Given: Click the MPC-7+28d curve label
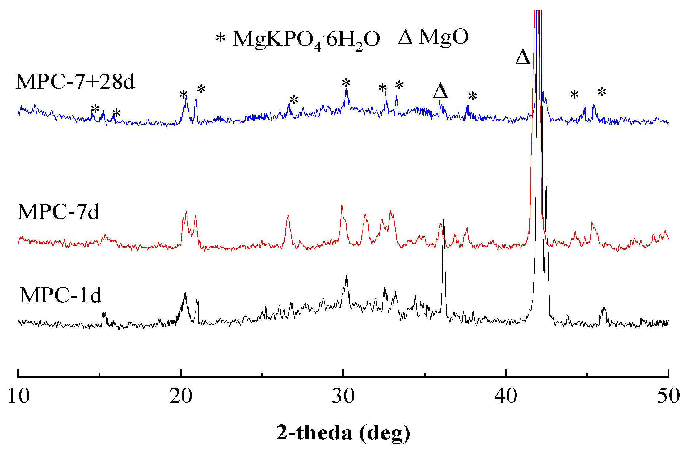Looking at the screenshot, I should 75,82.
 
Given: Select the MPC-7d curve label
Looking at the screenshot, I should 58,212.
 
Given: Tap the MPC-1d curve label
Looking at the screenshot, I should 61,295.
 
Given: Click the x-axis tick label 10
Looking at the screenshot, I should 19,396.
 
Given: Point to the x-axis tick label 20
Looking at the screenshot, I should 181,396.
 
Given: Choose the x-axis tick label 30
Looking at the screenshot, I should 343,396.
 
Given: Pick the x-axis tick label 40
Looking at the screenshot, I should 506,396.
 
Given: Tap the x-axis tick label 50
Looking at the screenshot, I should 668,396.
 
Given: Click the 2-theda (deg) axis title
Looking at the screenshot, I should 343,433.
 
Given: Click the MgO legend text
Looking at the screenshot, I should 444,37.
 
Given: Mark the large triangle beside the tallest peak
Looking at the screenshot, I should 523,57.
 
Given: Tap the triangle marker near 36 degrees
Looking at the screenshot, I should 440,91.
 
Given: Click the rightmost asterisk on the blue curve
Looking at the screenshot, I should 602,92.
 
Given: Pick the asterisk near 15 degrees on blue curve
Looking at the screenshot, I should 95,109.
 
